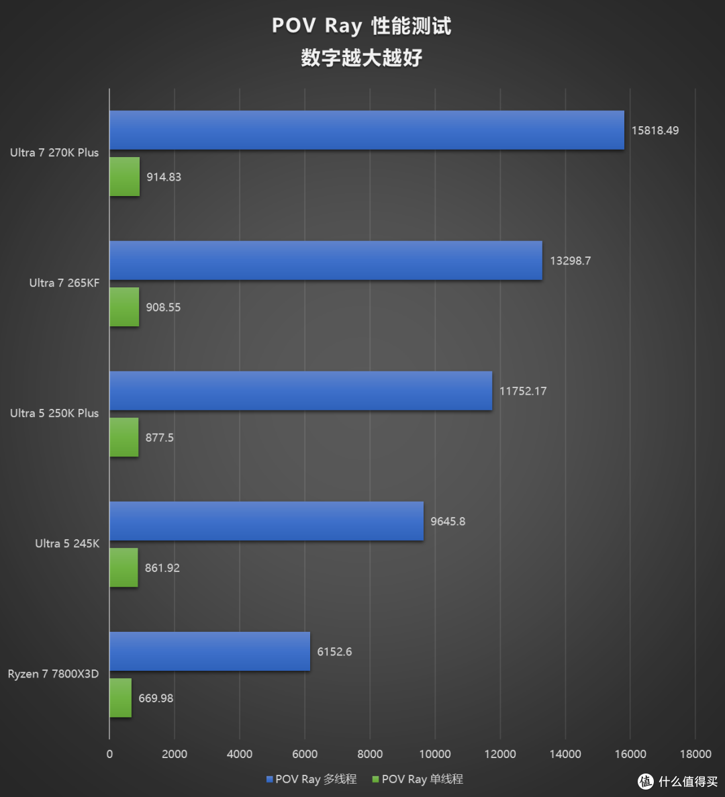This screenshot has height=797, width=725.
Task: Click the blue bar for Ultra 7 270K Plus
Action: click(367, 130)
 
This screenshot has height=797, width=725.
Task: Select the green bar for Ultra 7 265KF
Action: click(124, 308)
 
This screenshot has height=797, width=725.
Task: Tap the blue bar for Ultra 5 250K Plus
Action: click(301, 391)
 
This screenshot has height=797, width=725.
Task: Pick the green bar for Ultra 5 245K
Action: click(124, 568)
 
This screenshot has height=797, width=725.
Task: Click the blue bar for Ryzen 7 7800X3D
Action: click(209, 651)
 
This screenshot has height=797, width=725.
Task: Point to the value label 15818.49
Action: click(655, 130)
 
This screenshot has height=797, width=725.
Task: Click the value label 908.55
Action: click(163, 308)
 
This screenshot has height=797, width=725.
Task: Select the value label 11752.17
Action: click(522, 391)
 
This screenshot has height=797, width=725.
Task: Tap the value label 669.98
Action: click(156, 698)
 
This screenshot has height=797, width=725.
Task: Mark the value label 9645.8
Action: click(448, 521)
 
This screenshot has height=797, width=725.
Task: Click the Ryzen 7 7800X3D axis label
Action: click(53, 674)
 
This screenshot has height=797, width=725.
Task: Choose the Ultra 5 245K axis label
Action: click(67, 544)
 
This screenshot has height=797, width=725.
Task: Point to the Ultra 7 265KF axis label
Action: click(64, 283)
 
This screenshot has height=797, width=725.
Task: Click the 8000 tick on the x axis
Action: click(370, 754)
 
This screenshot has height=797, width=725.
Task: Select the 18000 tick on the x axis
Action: click(695, 754)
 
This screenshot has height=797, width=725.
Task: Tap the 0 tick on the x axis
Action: click(109, 754)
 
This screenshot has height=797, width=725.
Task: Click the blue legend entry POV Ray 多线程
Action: click(311, 780)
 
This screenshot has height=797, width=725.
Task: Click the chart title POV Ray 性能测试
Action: click(361, 26)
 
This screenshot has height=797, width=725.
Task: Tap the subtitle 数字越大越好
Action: click(361, 58)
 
